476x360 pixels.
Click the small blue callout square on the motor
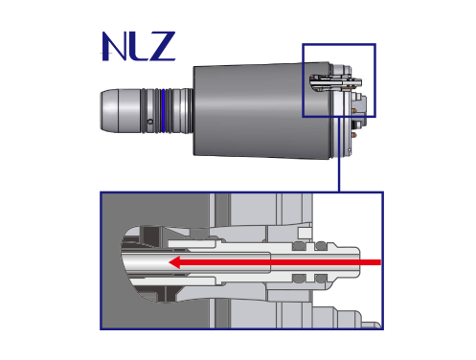point(339,79)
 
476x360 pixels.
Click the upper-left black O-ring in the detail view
point(296,247)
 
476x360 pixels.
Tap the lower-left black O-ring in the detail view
point(296,279)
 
